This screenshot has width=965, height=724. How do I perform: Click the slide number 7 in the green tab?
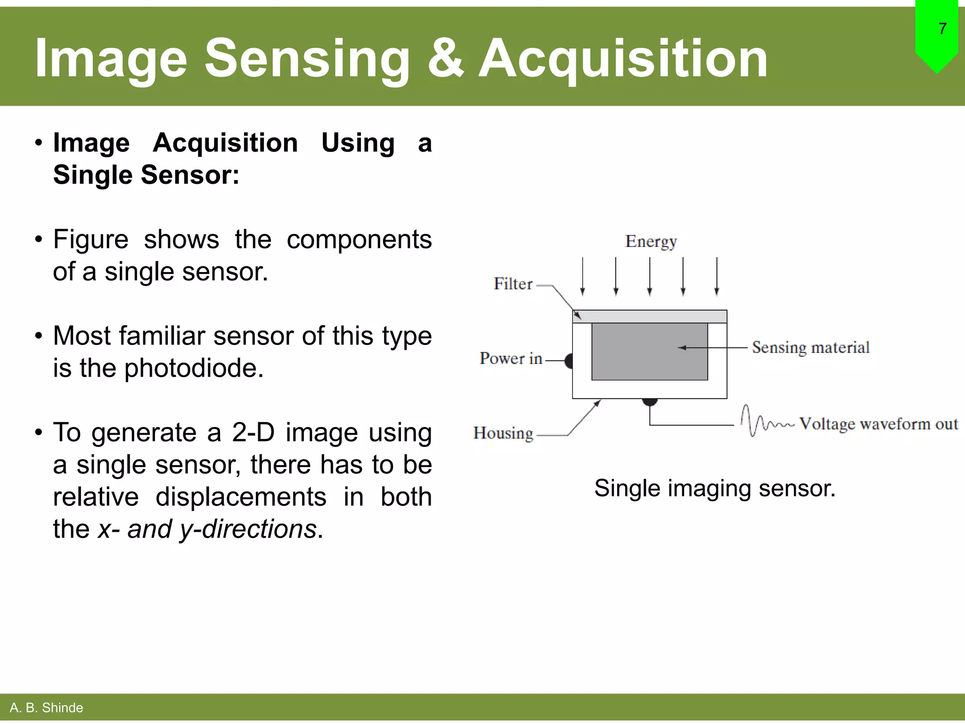[942, 29]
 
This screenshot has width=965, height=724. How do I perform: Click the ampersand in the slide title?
[445, 58]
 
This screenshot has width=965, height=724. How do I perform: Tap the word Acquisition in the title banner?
[623, 58]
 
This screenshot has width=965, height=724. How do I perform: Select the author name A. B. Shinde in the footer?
[46, 708]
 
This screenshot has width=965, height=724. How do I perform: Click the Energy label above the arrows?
[651, 241]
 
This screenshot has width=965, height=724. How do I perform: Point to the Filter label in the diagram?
[513, 284]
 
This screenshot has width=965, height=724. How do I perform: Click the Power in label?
[511, 358]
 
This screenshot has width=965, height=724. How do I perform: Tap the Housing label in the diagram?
[503, 433]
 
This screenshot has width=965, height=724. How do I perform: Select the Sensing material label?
[810, 347]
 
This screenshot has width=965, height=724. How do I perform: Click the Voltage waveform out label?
[878, 424]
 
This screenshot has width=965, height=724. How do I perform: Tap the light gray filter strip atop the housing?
[660, 316]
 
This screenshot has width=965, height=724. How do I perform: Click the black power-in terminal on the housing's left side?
[569, 361]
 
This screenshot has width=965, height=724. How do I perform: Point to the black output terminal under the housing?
[650, 402]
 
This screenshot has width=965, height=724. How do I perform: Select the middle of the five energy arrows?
[650, 276]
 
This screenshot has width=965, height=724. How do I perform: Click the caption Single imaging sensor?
[714, 488]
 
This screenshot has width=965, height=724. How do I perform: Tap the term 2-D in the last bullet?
[253, 432]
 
